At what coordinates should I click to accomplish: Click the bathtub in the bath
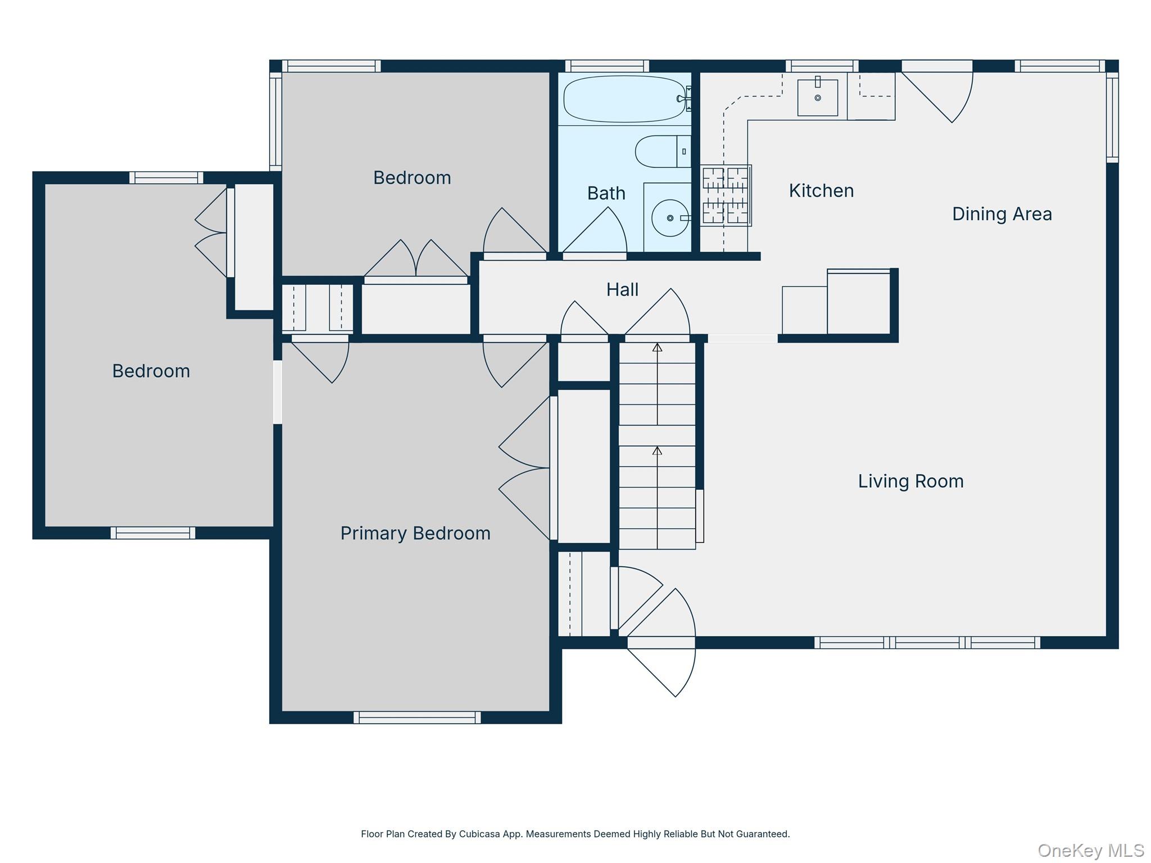click(x=624, y=99)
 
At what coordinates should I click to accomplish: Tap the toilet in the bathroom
click(x=662, y=151)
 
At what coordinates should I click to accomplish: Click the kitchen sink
click(x=817, y=98)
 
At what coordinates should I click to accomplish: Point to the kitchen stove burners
click(x=725, y=196)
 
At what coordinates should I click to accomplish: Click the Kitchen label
click(x=821, y=191)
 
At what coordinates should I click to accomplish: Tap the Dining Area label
click(x=1002, y=214)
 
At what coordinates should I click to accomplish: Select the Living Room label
click(x=910, y=482)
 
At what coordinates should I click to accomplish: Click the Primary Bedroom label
click(x=415, y=533)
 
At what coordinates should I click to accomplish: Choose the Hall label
click(x=622, y=290)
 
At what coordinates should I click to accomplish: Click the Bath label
click(x=606, y=193)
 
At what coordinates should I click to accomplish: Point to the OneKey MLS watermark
click(x=1090, y=851)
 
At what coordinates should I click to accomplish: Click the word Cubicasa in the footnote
click(x=479, y=834)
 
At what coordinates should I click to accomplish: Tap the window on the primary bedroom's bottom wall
click(x=417, y=717)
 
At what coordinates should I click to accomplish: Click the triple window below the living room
click(x=927, y=642)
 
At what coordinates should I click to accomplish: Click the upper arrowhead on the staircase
click(x=657, y=348)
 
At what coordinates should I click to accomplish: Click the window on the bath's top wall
click(x=607, y=66)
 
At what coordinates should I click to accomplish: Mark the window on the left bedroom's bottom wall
click(x=153, y=533)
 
